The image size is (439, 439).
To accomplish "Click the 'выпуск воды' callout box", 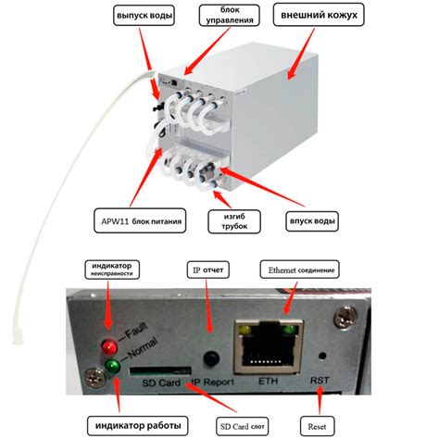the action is [x=144, y=16].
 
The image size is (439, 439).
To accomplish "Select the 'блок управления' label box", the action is [x=230, y=15].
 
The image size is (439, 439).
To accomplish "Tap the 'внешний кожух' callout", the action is [x=319, y=15].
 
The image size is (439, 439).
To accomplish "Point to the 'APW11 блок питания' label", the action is [x=140, y=220].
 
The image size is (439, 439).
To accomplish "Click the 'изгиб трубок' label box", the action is [x=234, y=221].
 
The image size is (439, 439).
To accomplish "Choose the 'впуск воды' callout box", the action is [x=312, y=221].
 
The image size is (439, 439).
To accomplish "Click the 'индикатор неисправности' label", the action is [x=112, y=270].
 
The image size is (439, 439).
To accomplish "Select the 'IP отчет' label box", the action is [x=208, y=270].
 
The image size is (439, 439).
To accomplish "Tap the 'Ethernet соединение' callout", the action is [x=300, y=270].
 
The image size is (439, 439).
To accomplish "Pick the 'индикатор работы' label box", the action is [x=138, y=425].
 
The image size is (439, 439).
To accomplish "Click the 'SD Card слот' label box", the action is [x=242, y=426].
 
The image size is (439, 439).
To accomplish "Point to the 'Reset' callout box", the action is [x=317, y=426].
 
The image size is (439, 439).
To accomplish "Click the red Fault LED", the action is [x=109, y=346].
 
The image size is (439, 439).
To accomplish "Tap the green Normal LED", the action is [x=112, y=366].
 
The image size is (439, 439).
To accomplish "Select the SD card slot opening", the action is [x=160, y=370].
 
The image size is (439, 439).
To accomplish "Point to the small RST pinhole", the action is [x=322, y=356].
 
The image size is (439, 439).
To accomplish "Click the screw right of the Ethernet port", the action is [x=345, y=317].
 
